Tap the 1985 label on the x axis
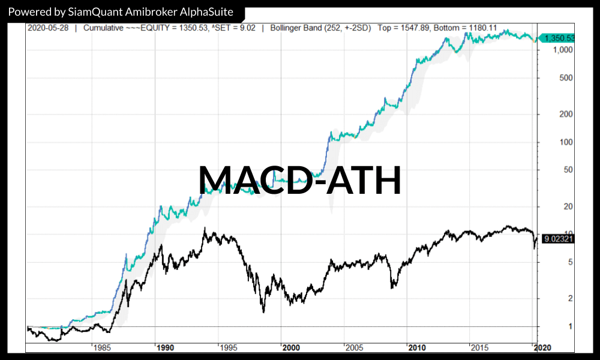[101, 347]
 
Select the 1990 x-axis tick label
[164, 347]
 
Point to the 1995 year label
[227, 347]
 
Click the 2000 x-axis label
[291, 347]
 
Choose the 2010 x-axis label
[417, 347]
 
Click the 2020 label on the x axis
[542, 347]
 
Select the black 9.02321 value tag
[559, 239]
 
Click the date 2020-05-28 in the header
[49, 28]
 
